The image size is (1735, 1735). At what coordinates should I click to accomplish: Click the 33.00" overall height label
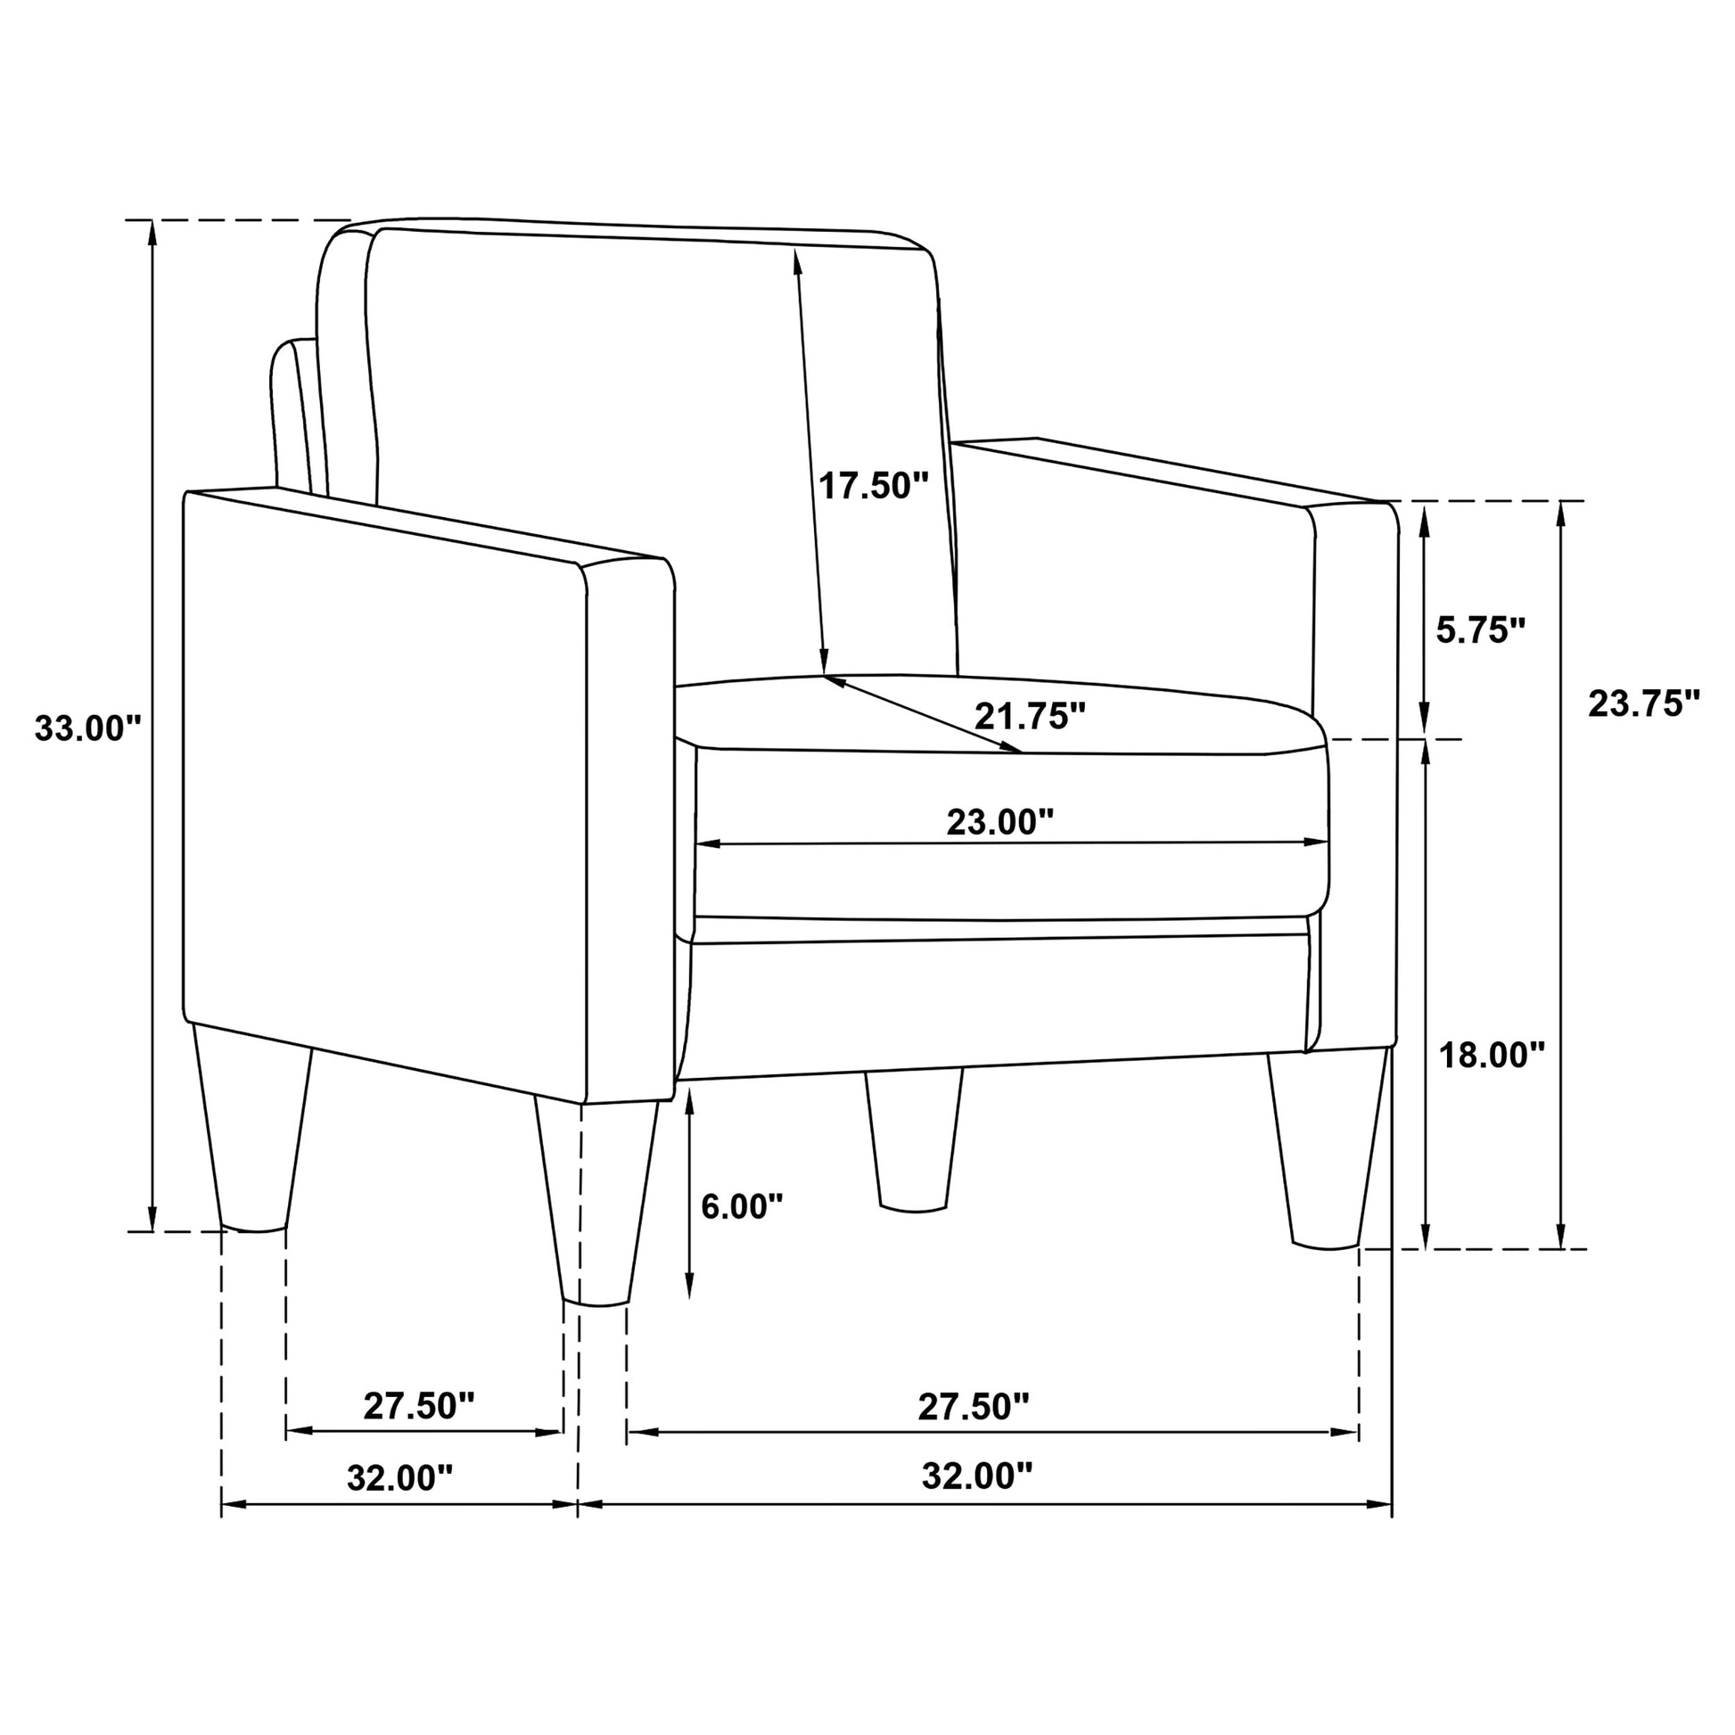pyautogui.click(x=89, y=728)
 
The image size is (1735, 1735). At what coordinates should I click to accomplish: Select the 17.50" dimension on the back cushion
pyautogui.click(x=873, y=486)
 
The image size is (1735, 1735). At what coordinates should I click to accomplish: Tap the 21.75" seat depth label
pyautogui.click(x=1030, y=716)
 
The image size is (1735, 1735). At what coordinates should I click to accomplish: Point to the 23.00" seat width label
pyautogui.click(x=999, y=821)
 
